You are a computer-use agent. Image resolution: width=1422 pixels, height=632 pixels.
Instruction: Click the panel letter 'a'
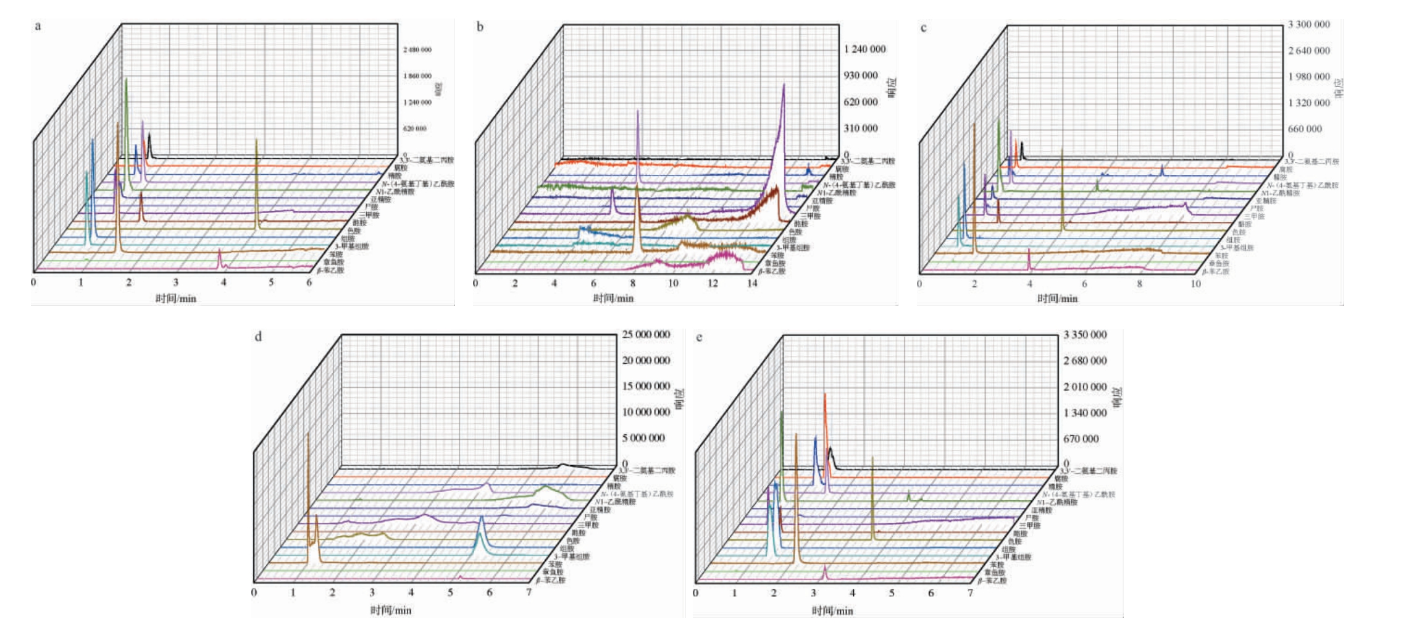click(x=38, y=26)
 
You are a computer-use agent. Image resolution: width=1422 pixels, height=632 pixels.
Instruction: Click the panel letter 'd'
click(x=258, y=337)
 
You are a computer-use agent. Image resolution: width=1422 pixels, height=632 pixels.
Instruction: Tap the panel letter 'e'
click(x=699, y=337)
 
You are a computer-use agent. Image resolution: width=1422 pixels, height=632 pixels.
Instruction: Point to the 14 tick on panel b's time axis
click(x=752, y=283)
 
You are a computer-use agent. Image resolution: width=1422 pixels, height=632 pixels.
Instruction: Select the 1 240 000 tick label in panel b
click(x=864, y=49)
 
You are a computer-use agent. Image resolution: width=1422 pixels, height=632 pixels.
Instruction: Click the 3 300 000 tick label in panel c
click(x=1308, y=25)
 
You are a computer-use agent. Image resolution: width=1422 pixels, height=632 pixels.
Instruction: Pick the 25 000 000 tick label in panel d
click(x=645, y=334)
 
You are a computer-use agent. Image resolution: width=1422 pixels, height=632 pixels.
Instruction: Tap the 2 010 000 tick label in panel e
click(x=1085, y=387)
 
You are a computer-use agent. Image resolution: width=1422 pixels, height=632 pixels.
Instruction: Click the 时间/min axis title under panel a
click(x=176, y=298)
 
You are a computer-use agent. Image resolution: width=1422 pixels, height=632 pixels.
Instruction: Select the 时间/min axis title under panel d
click(x=391, y=610)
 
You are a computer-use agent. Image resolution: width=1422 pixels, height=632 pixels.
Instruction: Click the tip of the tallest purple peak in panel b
click(x=784, y=85)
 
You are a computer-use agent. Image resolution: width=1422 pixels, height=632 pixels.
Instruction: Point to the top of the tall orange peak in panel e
click(x=825, y=394)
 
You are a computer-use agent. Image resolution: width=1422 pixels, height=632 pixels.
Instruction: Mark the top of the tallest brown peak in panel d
click(x=307, y=433)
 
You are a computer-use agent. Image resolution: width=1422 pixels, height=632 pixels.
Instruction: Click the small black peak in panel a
click(x=149, y=133)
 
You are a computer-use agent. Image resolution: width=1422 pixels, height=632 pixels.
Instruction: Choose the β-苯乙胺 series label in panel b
click(x=772, y=271)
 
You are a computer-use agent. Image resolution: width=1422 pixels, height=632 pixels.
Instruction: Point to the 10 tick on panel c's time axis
click(x=1196, y=284)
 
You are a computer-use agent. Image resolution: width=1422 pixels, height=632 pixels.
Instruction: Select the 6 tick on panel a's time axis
click(x=309, y=282)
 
